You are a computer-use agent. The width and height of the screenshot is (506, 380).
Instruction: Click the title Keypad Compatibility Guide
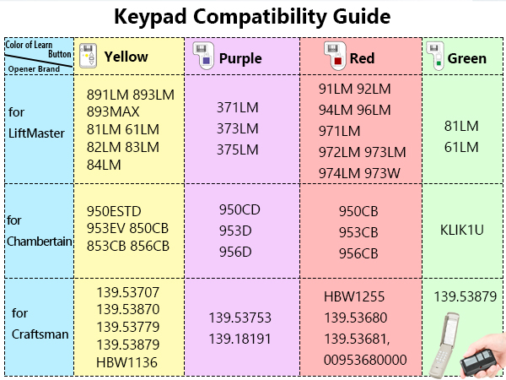[253, 17]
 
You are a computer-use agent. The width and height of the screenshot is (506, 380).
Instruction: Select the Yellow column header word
[126, 57]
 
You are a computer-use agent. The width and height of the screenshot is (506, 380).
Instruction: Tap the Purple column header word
[240, 58]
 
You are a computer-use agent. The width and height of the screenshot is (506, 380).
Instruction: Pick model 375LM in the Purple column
[238, 149]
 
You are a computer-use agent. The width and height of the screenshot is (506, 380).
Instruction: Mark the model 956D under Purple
[235, 251]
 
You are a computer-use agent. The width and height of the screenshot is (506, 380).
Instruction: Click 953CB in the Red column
[359, 231]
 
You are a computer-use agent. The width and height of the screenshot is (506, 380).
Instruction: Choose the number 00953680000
[364, 361]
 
